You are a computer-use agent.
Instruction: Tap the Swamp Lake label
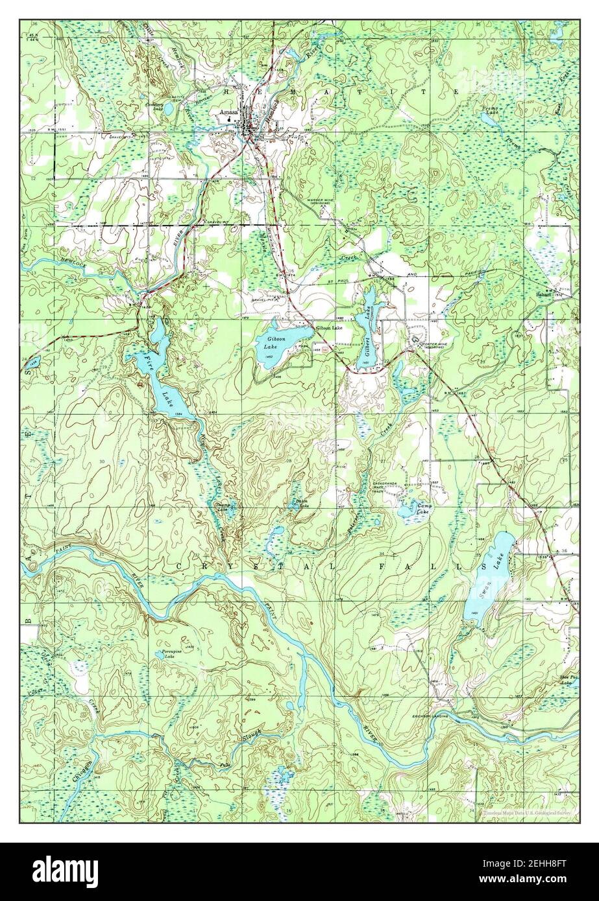(222, 508)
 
